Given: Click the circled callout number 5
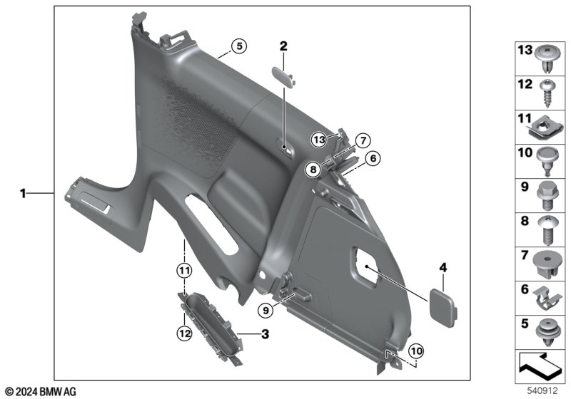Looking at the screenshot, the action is click(x=239, y=46).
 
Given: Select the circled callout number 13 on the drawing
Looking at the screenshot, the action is click(x=319, y=140).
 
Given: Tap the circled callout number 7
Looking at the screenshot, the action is click(x=363, y=140).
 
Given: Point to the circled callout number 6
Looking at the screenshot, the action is click(x=373, y=158).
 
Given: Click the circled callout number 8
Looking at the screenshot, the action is click(x=313, y=169).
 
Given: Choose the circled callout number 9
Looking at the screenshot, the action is click(x=266, y=311).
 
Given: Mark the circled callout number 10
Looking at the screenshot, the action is click(x=416, y=351).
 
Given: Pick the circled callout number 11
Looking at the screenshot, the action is click(x=184, y=270).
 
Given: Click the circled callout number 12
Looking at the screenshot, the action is click(x=184, y=333).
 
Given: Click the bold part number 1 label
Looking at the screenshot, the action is click(x=23, y=193).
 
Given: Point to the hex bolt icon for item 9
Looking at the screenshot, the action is click(x=547, y=195).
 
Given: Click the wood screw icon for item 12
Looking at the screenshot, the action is click(x=547, y=93).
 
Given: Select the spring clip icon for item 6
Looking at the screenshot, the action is click(x=547, y=299).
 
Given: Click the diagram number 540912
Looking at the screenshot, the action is click(x=542, y=390).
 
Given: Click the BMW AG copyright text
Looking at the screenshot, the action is click(x=41, y=392).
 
